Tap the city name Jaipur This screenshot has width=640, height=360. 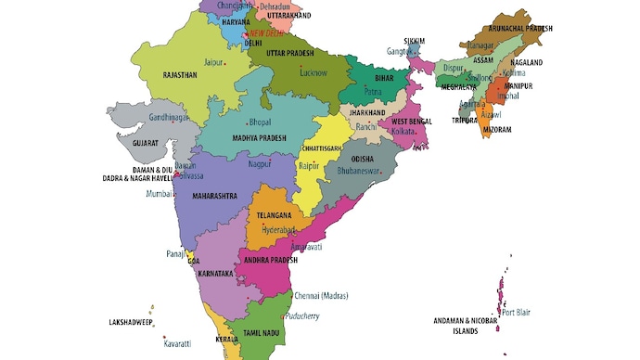coord(214,62)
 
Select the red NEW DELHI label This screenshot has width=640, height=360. coord(267,32)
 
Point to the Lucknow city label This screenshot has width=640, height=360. coord(313,71)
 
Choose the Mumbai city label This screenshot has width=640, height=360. coord(160,194)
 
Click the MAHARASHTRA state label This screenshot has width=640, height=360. coord(214,196)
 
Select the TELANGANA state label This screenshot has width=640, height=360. coord(275,214)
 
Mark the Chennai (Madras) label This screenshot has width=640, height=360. coord(321,296)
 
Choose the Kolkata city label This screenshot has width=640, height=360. coord(403,132)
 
